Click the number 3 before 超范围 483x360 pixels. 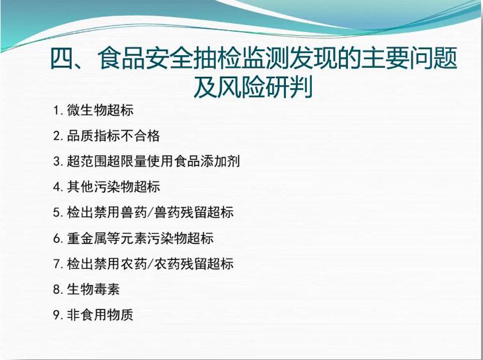pyautogui.click(x=56, y=161)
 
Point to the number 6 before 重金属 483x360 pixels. pyautogui.click(x=56, y=238)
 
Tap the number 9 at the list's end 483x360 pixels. pyautogui.click(x=56, y=315)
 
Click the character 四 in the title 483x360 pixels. pyautogui.click(x=61, y=58)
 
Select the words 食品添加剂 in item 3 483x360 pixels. pyautogui.click(x=207, y=161)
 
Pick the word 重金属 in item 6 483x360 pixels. pyautogui.click(x=87, y=238)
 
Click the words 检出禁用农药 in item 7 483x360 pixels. pyautogui.click(x=107, y=264)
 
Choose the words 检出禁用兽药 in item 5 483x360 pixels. pyautogui.click(x=107, y=213)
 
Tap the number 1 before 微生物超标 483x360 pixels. pyautogui.click(x=56, y=110)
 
